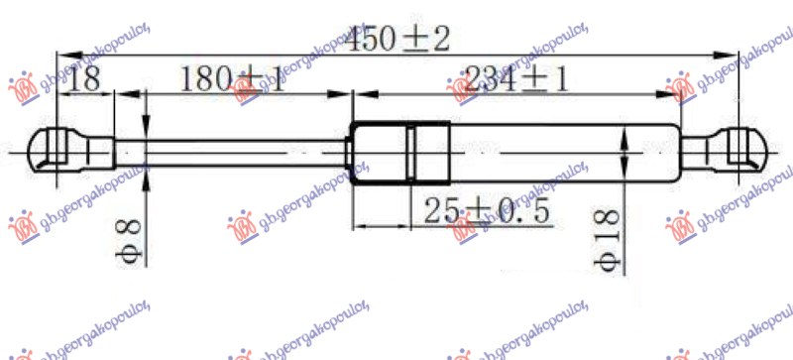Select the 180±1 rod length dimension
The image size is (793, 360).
pos(234,79)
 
